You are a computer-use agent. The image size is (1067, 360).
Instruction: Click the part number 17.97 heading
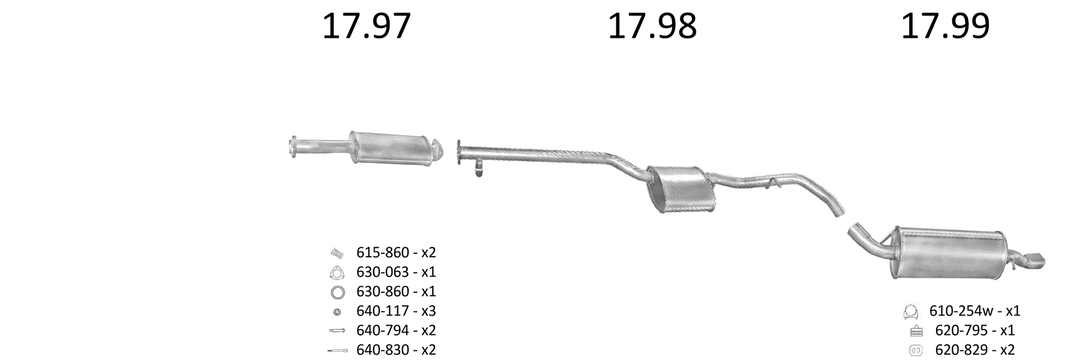coord(366,26)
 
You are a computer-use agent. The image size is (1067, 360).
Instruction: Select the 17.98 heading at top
coord(652,26)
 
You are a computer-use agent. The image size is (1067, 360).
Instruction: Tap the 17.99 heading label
coord(945,26)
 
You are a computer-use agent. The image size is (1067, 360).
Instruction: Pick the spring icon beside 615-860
coord(337,253)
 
